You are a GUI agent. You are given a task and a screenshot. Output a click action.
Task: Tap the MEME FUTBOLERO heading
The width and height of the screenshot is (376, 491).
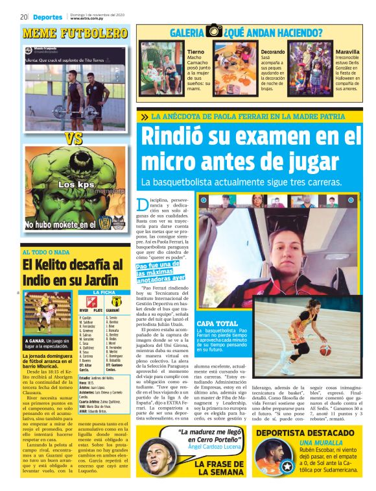[x=75, y=32]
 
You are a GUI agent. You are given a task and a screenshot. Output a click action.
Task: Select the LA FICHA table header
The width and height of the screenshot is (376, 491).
[x=103, y=294]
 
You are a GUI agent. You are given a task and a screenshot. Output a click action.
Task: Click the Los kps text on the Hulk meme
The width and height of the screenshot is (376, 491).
[x=76, y=185]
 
